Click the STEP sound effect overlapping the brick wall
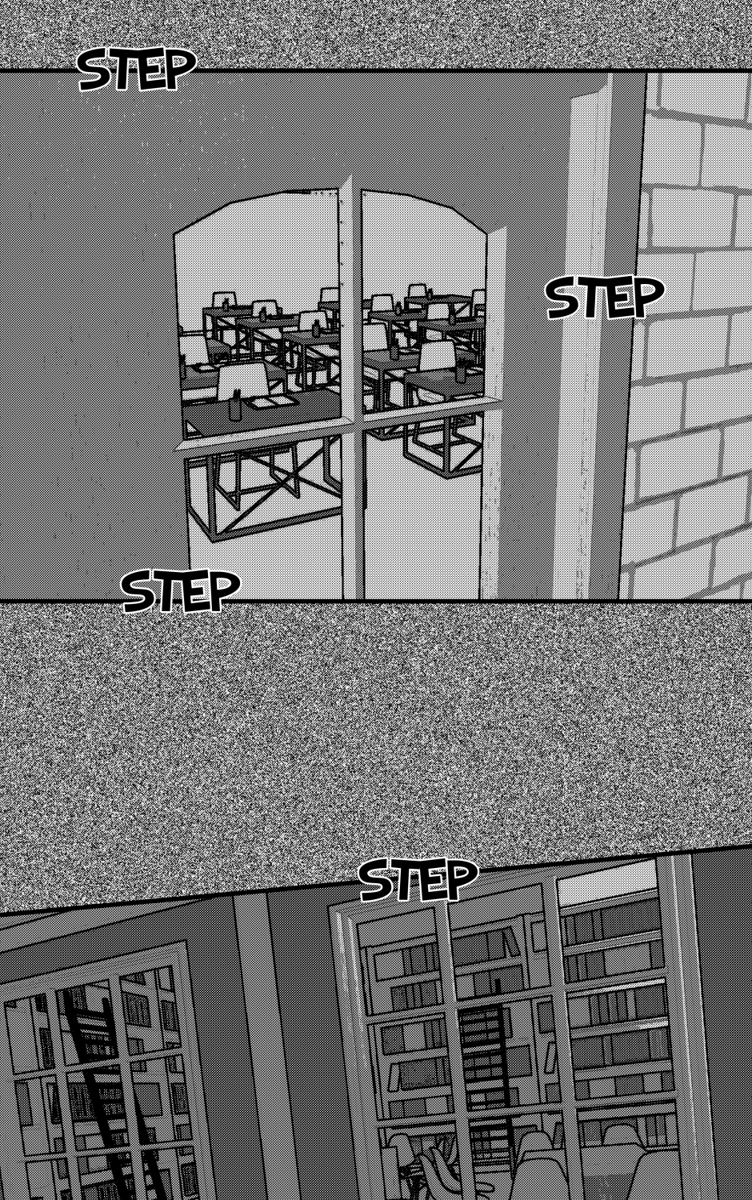pyautogui.click(x=605, y=298)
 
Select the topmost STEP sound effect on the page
pyautogui.click(x=137, y=70)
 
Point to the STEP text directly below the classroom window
pyautogui.click(x=181, y=590)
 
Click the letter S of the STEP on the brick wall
pyautogui.click(x=563, y=299)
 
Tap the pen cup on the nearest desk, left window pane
pyautogui.click(x=236, y=409)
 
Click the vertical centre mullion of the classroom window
pyautogui.click(x=353, y=391)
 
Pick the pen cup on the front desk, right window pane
pyautogui.click(x=461, y=370)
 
